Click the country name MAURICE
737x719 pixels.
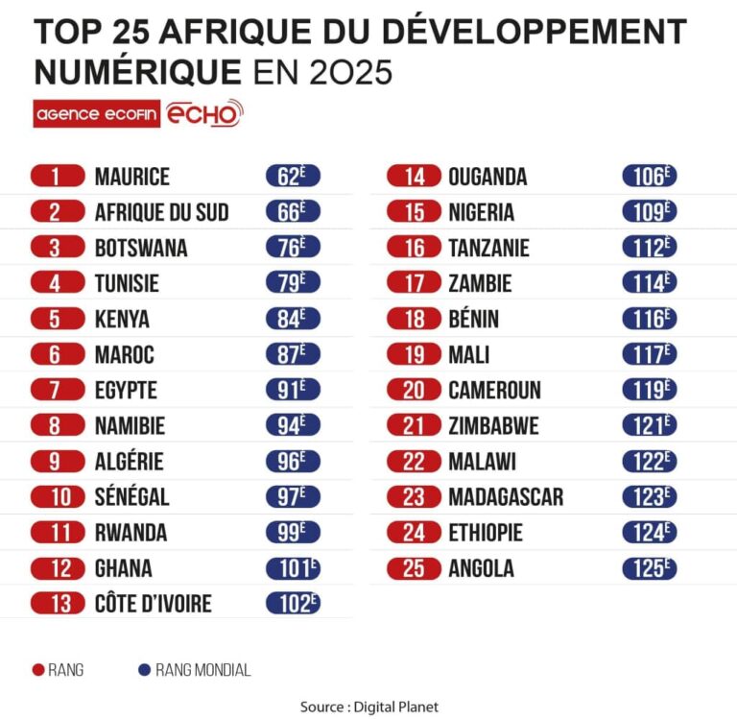[131, 177]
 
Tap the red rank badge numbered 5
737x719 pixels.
[56, 320]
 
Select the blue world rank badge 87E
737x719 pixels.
[292, 355]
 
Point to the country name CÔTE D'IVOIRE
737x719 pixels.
[153, 604]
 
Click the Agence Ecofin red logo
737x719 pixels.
[97, 114]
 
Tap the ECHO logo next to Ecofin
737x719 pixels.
[204, 113]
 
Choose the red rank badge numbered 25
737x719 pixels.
[414, 568]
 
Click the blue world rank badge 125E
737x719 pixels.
[649, 568]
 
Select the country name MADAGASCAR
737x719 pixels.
[505, 497]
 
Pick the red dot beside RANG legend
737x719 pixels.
[39, 670]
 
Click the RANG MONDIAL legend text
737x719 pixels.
[202, 670]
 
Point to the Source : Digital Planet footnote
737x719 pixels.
[368, 707]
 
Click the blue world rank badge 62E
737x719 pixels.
[292, 177]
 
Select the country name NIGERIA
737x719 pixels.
[481, 212]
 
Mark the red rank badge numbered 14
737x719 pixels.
[414, 177]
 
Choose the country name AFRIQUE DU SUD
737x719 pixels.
[161, 212]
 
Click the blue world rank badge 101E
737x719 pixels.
[292, 568]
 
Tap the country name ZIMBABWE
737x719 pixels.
[493, 426]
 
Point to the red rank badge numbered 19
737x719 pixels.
[414, 355]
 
